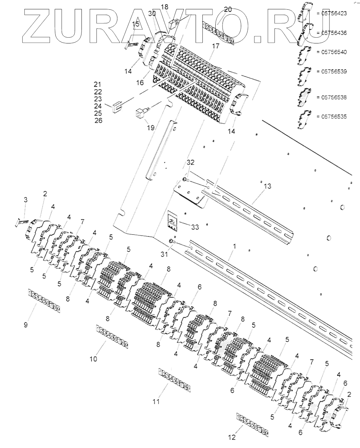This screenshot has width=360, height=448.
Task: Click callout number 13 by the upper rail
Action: coord(267,186)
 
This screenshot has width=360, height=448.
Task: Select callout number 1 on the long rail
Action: coord(235,247)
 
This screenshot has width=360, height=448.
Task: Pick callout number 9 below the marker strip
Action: coord(26,325)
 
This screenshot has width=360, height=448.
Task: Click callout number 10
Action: coord(93,359)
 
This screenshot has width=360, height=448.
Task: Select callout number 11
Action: coord(155,401)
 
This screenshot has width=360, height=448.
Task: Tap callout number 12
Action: coord(232,437)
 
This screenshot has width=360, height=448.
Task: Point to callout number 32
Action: coord(191,162)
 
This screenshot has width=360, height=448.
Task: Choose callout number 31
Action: coord(164,254)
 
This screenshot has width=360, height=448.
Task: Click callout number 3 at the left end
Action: coord(25,200)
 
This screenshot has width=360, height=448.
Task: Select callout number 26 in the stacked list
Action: coord(98,121)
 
